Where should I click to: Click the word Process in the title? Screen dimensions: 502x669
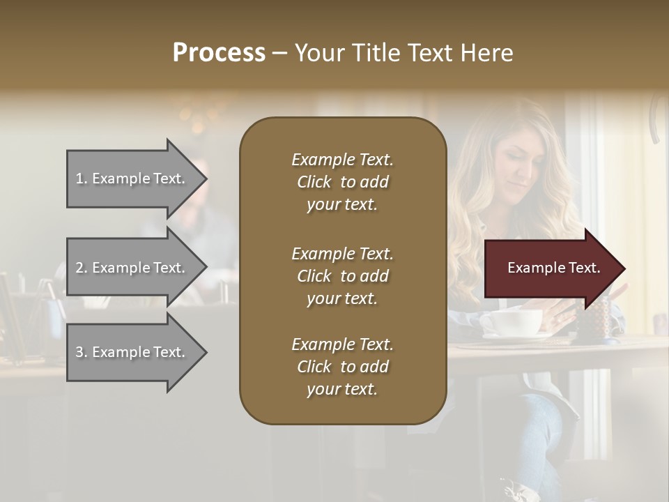pyautogui.click(x=219, y=53)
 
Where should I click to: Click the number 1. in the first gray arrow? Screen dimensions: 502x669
pyautogui.click(x=82, y=178)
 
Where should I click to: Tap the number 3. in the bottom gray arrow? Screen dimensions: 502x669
pyautogui.click(x=82, y=352)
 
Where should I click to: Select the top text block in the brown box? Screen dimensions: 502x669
pyautogui.click(x=342, y=182)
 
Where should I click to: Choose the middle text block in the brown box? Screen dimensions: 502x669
pyautogui.click(x=342, y=275)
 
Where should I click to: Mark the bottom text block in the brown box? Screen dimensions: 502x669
pyautogui.click(x=342, y=367)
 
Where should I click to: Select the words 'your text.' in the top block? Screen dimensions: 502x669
pyautogui.click(x=342, y=205)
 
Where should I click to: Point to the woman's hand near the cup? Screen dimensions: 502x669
pyautogui.click(x=557, y=317)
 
